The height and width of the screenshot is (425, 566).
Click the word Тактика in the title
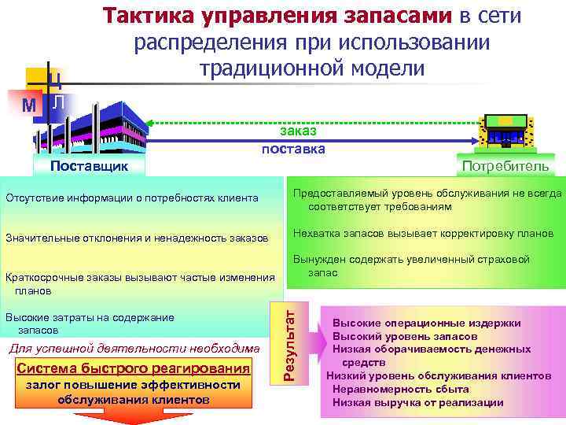coord(149,16)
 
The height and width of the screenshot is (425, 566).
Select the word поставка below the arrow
coord(293,148)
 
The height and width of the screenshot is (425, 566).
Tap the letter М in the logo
coord(30,104)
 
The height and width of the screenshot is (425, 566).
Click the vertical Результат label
coord(289,343)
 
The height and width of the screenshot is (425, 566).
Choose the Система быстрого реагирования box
coord(133,368)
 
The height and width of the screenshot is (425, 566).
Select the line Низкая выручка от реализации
coord(417,402)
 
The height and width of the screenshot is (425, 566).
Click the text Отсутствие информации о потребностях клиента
coord(132,197)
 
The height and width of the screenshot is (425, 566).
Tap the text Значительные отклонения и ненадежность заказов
coord(138,237)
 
